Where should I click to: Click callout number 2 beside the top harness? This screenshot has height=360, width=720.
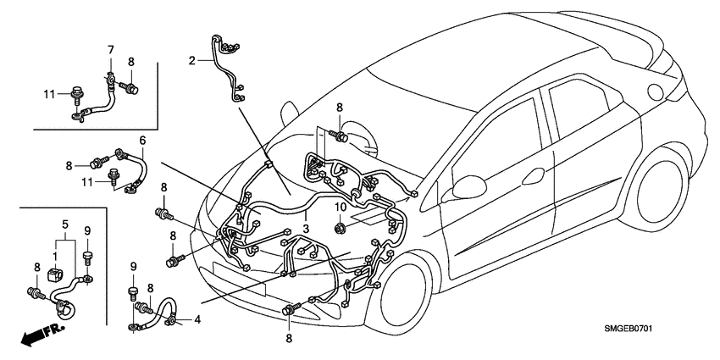pyautogui.click(x=192, y=60)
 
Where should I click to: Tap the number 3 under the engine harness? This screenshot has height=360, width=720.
pyautogui.click(x=306, y=229)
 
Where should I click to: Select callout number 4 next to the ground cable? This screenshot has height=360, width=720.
pyautogui.click(x=197, y=320)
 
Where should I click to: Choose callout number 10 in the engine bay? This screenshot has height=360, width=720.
pyautogui.click(x=340, y=207)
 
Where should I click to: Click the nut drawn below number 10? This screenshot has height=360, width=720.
pyautogui.click(x=340, y=226)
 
